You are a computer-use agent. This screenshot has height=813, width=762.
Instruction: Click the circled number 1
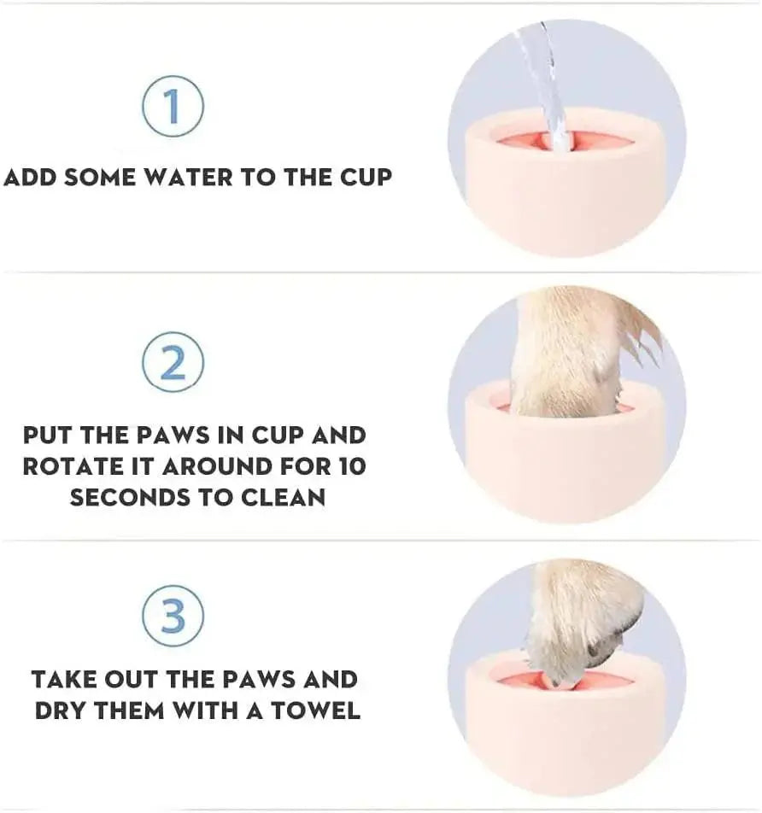pos(173,106)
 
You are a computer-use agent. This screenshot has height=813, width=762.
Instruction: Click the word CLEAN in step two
pos(284,497)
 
